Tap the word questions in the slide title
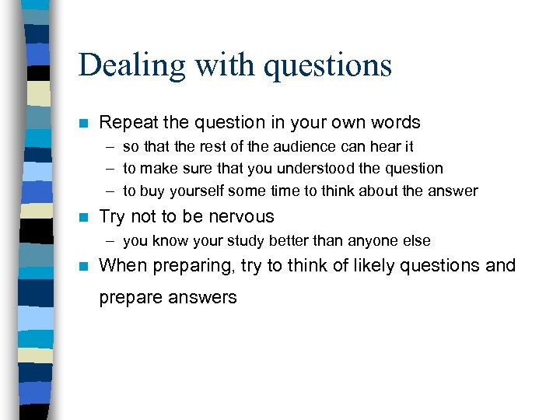coord(327,65)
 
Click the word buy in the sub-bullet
coord(153,191)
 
